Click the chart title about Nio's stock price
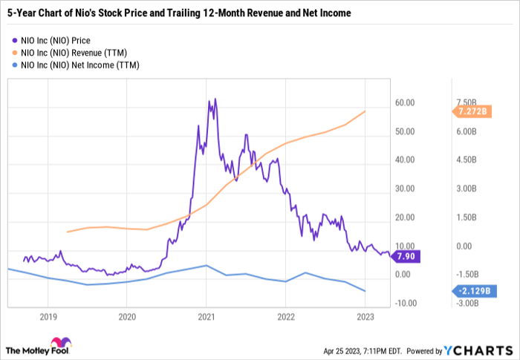click(x=179, y=13)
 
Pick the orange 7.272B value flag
click(x=469, y=111)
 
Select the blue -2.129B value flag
click(x=469, y=291)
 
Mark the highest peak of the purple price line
click(x=215, y=99)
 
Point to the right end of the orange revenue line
click(x=365, y=111)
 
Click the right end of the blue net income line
click(x=365, y=291)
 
